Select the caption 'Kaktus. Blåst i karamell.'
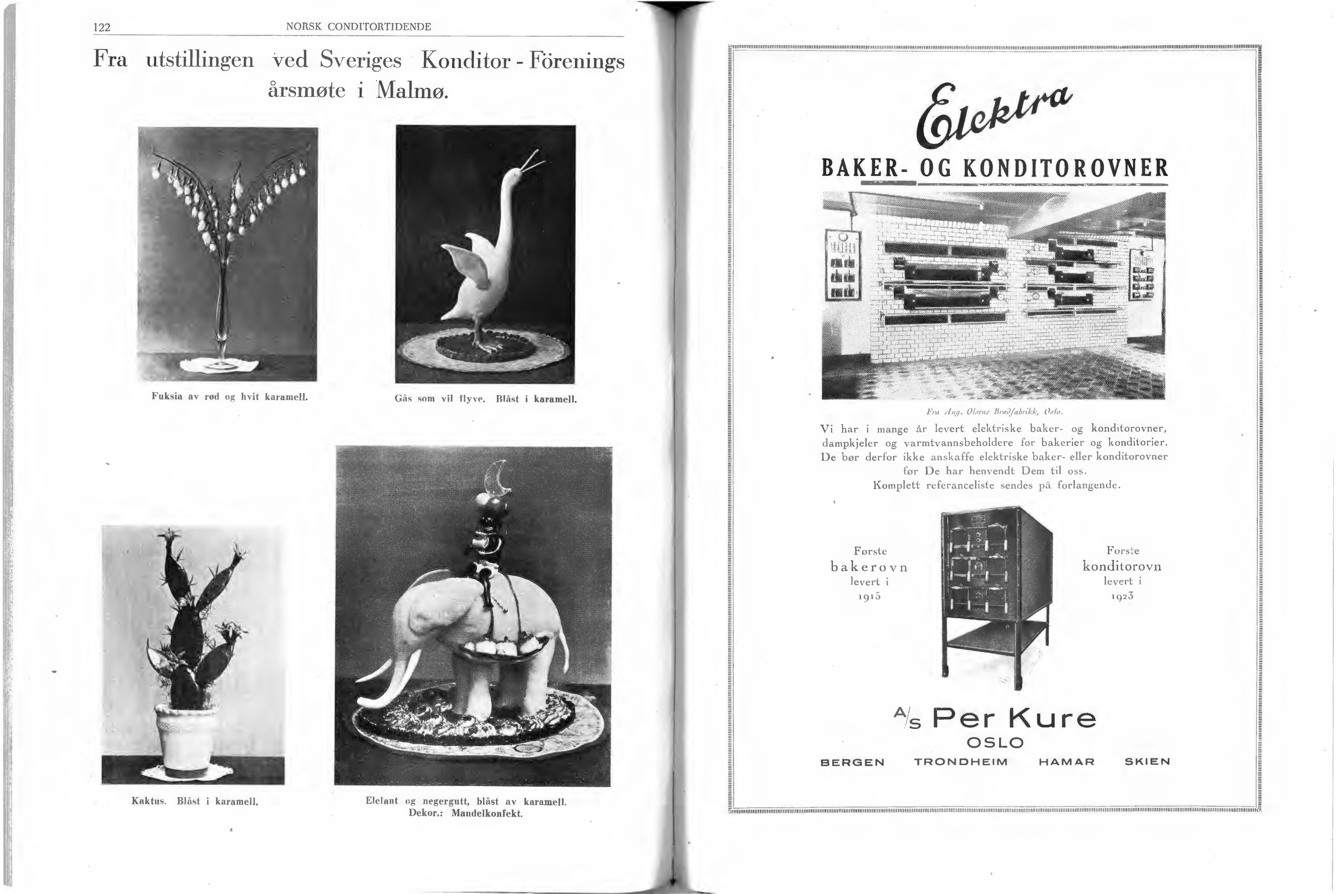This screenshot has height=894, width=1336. coord(195,801)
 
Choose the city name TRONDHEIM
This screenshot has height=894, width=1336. coord(961,762)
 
